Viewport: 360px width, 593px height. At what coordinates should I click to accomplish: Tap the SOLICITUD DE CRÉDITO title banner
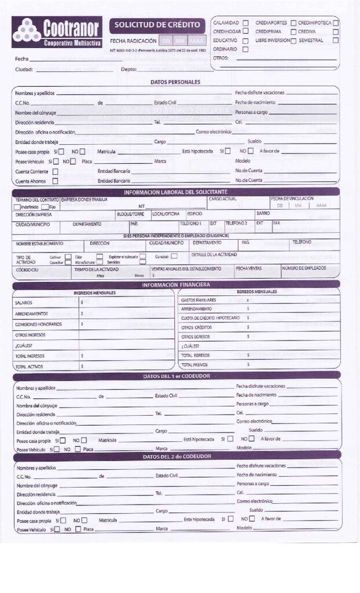pos(157,25)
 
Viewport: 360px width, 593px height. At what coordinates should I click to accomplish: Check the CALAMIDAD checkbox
pos(245,23)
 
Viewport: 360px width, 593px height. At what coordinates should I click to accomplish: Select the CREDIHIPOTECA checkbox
pos(336,23)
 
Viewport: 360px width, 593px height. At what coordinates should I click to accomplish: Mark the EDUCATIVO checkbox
pos(245,41)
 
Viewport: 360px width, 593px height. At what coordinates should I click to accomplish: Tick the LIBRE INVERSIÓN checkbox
pos(293,41)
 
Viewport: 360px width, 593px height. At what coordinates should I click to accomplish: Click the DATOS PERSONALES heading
pos(175,82)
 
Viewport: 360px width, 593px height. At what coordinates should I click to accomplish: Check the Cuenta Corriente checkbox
pos(56,171)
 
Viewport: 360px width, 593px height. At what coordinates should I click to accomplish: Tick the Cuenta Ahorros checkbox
pos(56,181)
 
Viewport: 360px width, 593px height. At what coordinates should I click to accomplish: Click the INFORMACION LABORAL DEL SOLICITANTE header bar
pos(175,192)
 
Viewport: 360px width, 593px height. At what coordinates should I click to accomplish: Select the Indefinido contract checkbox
pos(17,207)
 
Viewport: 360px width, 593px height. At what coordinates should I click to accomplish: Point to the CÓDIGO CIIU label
pos(27,270)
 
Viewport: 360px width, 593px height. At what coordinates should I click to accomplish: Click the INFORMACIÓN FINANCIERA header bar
pos(175,284)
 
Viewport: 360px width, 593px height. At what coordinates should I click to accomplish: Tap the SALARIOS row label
pos(24,302)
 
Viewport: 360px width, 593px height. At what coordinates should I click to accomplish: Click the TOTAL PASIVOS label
pos(195,365)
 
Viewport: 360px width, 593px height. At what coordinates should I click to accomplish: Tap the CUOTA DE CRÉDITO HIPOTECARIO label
pos(210,318)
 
